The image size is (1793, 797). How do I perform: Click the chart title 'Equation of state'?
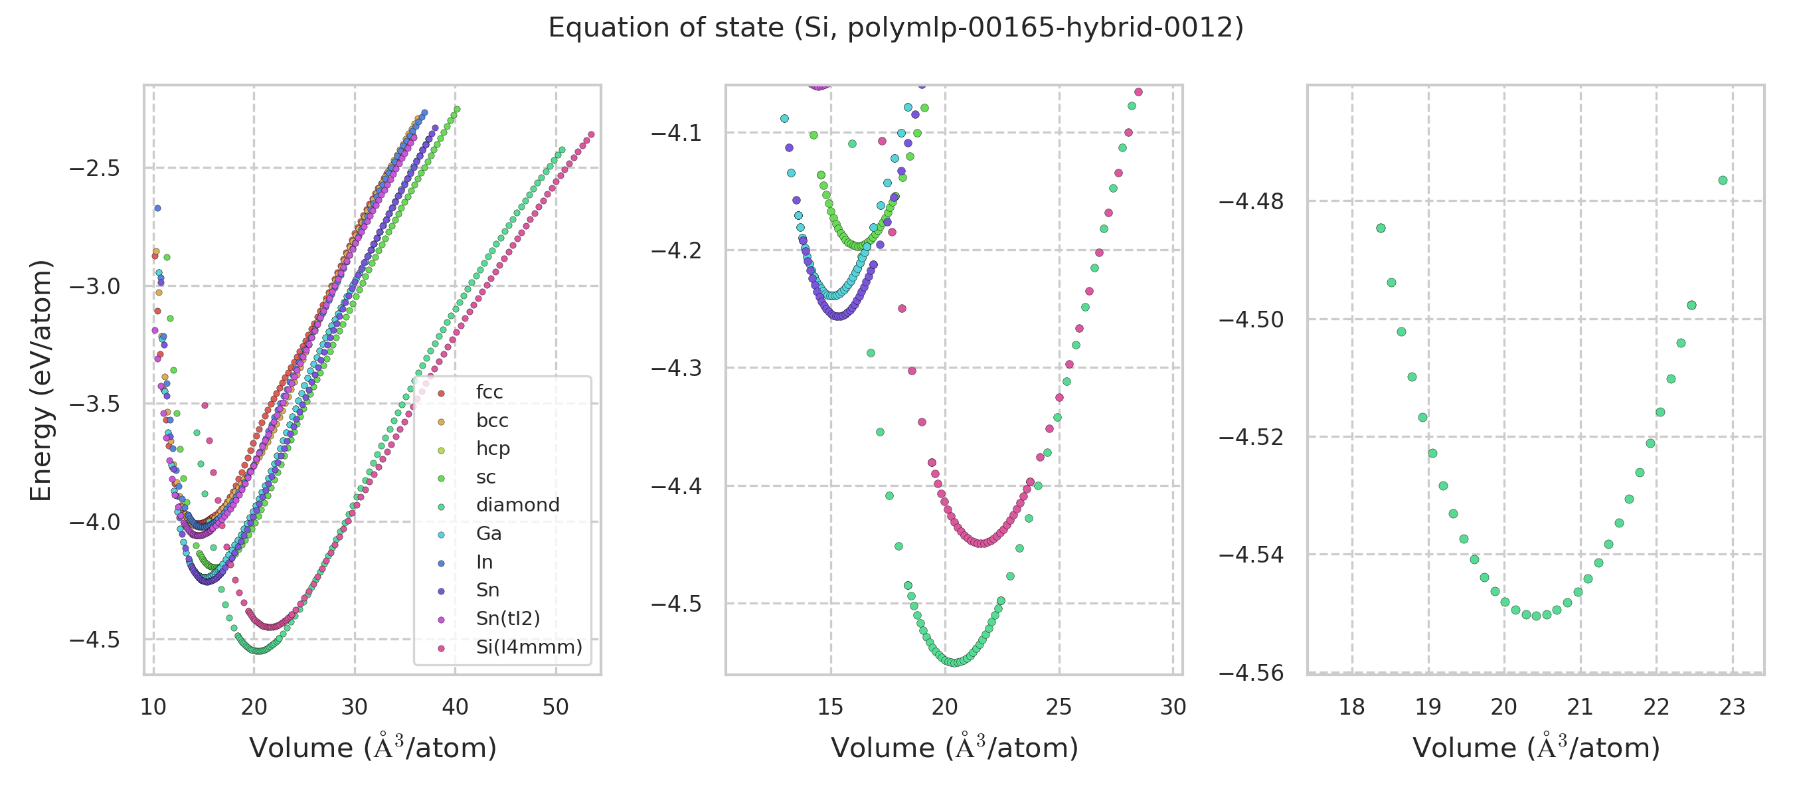tap(895, 28)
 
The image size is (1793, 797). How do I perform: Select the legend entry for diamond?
tap(517, 505)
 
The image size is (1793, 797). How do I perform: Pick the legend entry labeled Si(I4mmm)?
tap(529, 647)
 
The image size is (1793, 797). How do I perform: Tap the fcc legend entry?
tap(489, 392)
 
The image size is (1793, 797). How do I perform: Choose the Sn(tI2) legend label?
tap(507, 618)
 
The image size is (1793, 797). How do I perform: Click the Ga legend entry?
tap(489, 533)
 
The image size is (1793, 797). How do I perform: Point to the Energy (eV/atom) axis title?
tap(41, 380)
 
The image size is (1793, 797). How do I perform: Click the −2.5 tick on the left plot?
tap(95, 169)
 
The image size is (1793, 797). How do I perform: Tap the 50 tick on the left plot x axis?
tap(555, 707)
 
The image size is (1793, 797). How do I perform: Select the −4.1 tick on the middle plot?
tap(676, 132)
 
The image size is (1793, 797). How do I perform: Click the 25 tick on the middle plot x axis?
tap(1059, 707)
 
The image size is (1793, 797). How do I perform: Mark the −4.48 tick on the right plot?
tap(1251, 201)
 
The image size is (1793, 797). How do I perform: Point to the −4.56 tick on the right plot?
tap(1251, 672)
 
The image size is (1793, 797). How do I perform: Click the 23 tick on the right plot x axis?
tap(1732, 707)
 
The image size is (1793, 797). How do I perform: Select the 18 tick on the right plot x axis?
tap(1351, 707)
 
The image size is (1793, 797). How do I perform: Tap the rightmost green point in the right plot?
tap(1723, 180)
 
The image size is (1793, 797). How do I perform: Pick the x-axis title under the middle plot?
tap(954, 748)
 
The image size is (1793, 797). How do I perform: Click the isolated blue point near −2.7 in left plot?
tap(157, 208)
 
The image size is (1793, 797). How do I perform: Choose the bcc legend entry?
tap(491, 420)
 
